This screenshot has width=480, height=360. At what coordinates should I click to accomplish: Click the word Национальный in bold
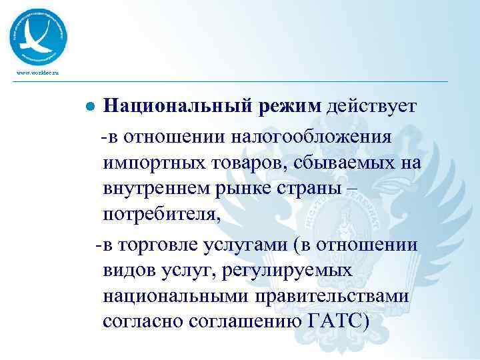coord(177,107)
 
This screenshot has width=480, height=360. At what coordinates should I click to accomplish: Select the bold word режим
coord(290,107)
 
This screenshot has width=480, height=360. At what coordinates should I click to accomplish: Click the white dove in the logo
coord(37,37)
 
